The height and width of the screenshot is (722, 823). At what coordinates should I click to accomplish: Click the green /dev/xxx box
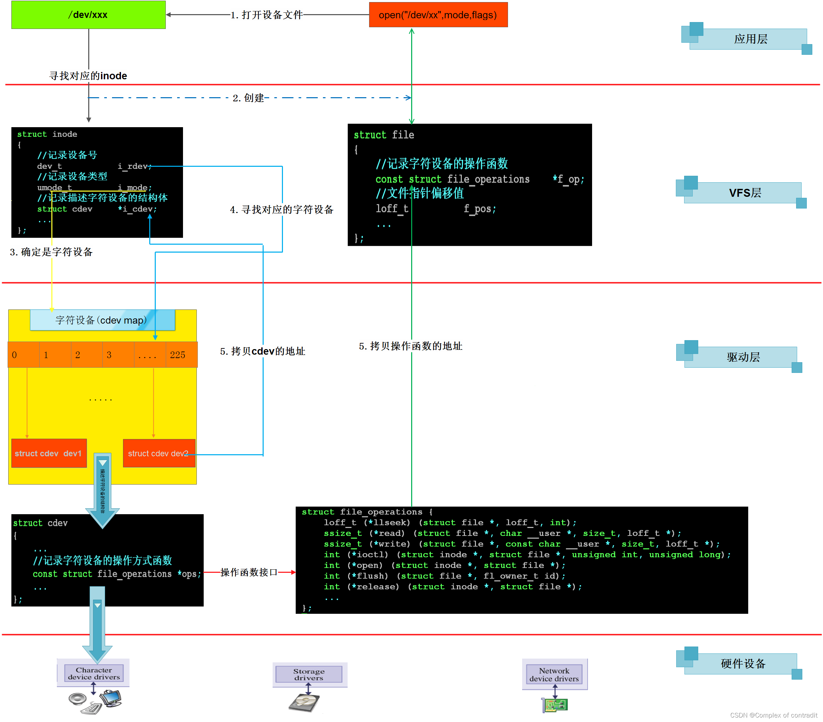pyautogui.click(x=88, y=15)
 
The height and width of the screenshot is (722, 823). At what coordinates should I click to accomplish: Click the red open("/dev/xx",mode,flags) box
pyautogui.click(x=438, y=15)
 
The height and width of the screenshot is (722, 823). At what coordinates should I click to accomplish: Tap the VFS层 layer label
pyautogui.click(x=744, y=193)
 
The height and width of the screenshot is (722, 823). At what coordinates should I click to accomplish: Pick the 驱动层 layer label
pyautogui.click(x=743, y=357)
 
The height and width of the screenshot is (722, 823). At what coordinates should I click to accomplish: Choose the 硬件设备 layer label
pyautogui.click(x=743, y=664)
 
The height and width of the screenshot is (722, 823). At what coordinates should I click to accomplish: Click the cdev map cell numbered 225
pyautogui.click(x=177, y=355)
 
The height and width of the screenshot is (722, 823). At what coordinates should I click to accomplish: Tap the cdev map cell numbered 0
pyautogui.click(x=23, y=355)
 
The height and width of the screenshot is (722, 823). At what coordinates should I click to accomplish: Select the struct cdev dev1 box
pyautogui.click(x=49, y=454)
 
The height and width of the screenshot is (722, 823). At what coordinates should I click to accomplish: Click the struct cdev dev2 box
pyautogui.click(x=159, y=454)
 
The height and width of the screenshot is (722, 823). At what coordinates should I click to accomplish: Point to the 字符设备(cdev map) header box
pyautogui.click(x=102, y=320)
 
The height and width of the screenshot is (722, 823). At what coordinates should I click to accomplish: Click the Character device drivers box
pyautogui.click(x=94, y=673)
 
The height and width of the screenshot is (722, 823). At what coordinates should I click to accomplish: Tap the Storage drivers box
pyautogui.click(x=308, y=674)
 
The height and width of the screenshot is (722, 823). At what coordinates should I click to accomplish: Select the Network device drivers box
pyautogui.click(x=554, y=674)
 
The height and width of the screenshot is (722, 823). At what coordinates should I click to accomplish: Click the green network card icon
pyautogui.click(x=555, y=705)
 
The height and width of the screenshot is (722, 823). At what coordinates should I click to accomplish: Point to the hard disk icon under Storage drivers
pyautogui.click(x=304, y=703)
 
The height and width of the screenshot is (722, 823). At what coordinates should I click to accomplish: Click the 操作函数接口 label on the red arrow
pyautogui.click(x=249, y=572)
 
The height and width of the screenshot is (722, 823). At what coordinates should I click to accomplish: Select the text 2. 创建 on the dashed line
pyautogui.click(x=248, y=98)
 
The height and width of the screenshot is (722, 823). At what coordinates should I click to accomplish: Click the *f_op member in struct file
pyautogui.click(x=568, y=179)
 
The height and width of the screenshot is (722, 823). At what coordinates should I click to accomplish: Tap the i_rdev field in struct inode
pyautogui.click(x=134, y=166)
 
